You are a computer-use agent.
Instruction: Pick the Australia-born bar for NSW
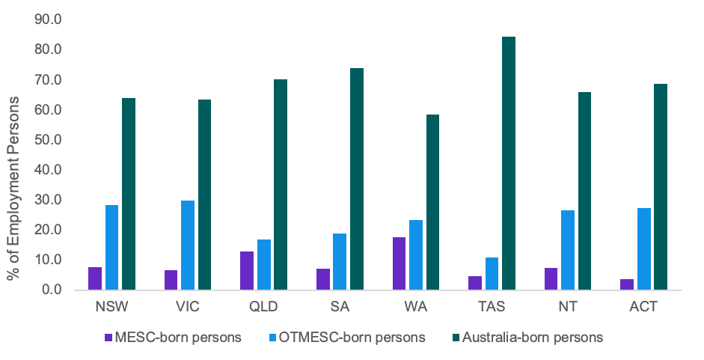(129, 194)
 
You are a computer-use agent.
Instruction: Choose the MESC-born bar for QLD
(247, 270)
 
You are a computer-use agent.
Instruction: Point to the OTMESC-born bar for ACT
(644, 248)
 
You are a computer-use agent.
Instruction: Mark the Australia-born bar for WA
(432, 202)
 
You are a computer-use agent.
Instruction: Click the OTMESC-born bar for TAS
(492, 273)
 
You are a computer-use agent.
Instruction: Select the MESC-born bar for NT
(551, 278)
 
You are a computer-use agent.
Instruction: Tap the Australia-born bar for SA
(357, 179)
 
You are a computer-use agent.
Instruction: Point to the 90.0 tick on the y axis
(47, 19)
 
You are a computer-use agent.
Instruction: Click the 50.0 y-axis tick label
(47, 140)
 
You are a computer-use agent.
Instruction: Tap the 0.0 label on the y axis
(50, 290)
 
